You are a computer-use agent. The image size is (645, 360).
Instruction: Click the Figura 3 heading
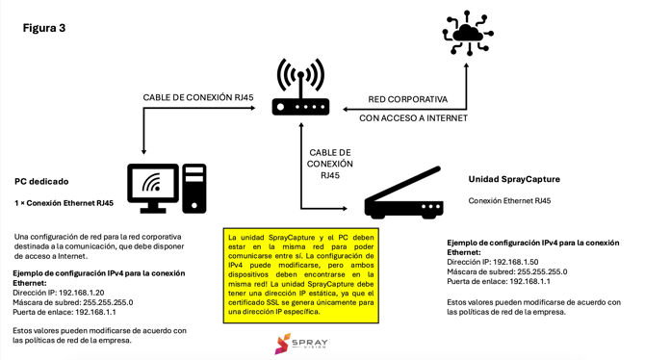coord(44,29)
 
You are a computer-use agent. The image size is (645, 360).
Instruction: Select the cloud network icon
coord(468,34)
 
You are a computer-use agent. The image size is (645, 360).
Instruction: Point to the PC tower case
coord(194,188)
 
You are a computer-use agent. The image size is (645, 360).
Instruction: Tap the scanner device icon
coord(403,194)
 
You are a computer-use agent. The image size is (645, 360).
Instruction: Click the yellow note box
coord(300,274)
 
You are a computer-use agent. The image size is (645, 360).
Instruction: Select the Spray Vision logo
coord(300,344)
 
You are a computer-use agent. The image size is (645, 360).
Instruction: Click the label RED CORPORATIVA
coord(407,99)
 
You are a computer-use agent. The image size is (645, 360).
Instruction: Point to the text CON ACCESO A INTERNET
coord(413,118)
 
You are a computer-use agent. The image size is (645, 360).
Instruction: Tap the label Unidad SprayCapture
coord(513,179)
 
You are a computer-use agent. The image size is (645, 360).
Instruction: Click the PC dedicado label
coord(41,181)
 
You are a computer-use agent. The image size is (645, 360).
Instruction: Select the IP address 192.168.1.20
coord(82,293)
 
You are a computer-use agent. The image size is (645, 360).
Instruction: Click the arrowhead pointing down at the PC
coord(144,150)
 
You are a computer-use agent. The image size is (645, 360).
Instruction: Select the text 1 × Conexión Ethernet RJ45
coord(64,203)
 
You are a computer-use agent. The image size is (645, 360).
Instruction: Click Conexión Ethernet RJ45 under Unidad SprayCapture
coord(509,201)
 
